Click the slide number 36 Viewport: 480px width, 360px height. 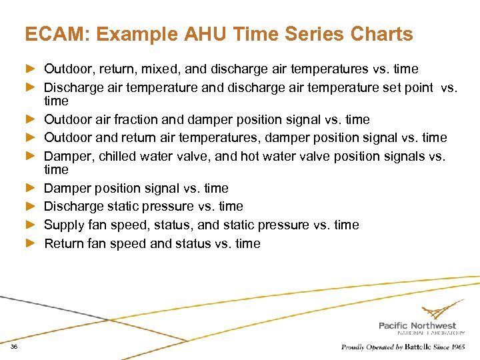(14, 347)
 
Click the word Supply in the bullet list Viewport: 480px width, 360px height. (64, 225)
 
